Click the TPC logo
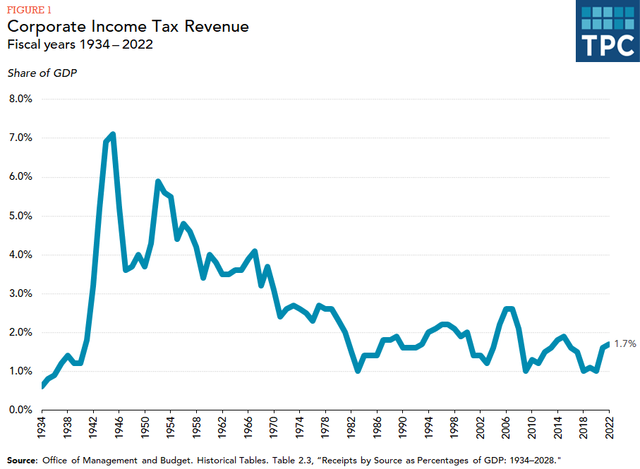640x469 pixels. coord(607,32)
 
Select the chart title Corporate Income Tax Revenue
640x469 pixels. coord(128,27)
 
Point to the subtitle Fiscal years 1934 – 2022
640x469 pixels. coord(80,44)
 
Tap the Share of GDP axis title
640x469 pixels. coord(42,73)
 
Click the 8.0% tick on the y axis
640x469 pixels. coord(20,99)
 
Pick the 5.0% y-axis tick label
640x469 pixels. coord(20,216)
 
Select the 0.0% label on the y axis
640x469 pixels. coord(20,410)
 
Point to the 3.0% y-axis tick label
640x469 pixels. coord(20,293)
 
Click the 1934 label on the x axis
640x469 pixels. coord(42,430)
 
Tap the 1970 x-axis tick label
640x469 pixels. coord(274,430)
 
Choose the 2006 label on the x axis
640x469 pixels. coord(506,430)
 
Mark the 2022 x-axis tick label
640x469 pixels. coord(609,430)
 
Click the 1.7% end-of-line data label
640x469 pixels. coord(625,344)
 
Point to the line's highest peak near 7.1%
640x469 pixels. coord(113,135)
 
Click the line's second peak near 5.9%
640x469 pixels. coord(158,181)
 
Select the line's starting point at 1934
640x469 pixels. coord(42,386)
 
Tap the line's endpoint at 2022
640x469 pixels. coord(608,343)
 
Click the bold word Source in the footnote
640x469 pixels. coord(23,460)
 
